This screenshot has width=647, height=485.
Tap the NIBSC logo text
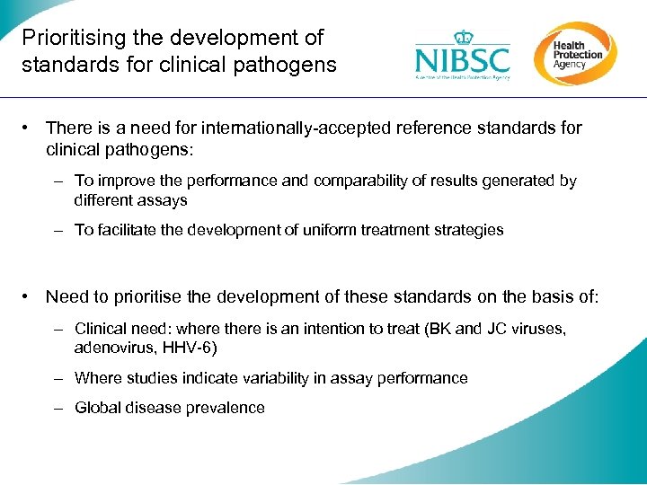pyautogui.click(x=462, y=61)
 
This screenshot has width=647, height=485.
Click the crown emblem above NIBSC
pyautogui.click(x=463, y=37)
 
